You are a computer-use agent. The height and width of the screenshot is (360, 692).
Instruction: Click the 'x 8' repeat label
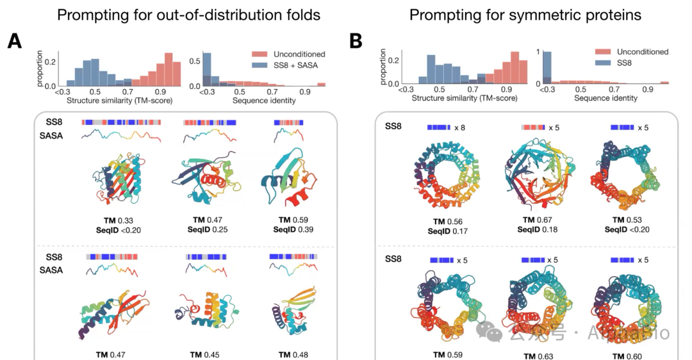coord(459,127)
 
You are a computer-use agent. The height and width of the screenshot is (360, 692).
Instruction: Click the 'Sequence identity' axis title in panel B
coord(605,98)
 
